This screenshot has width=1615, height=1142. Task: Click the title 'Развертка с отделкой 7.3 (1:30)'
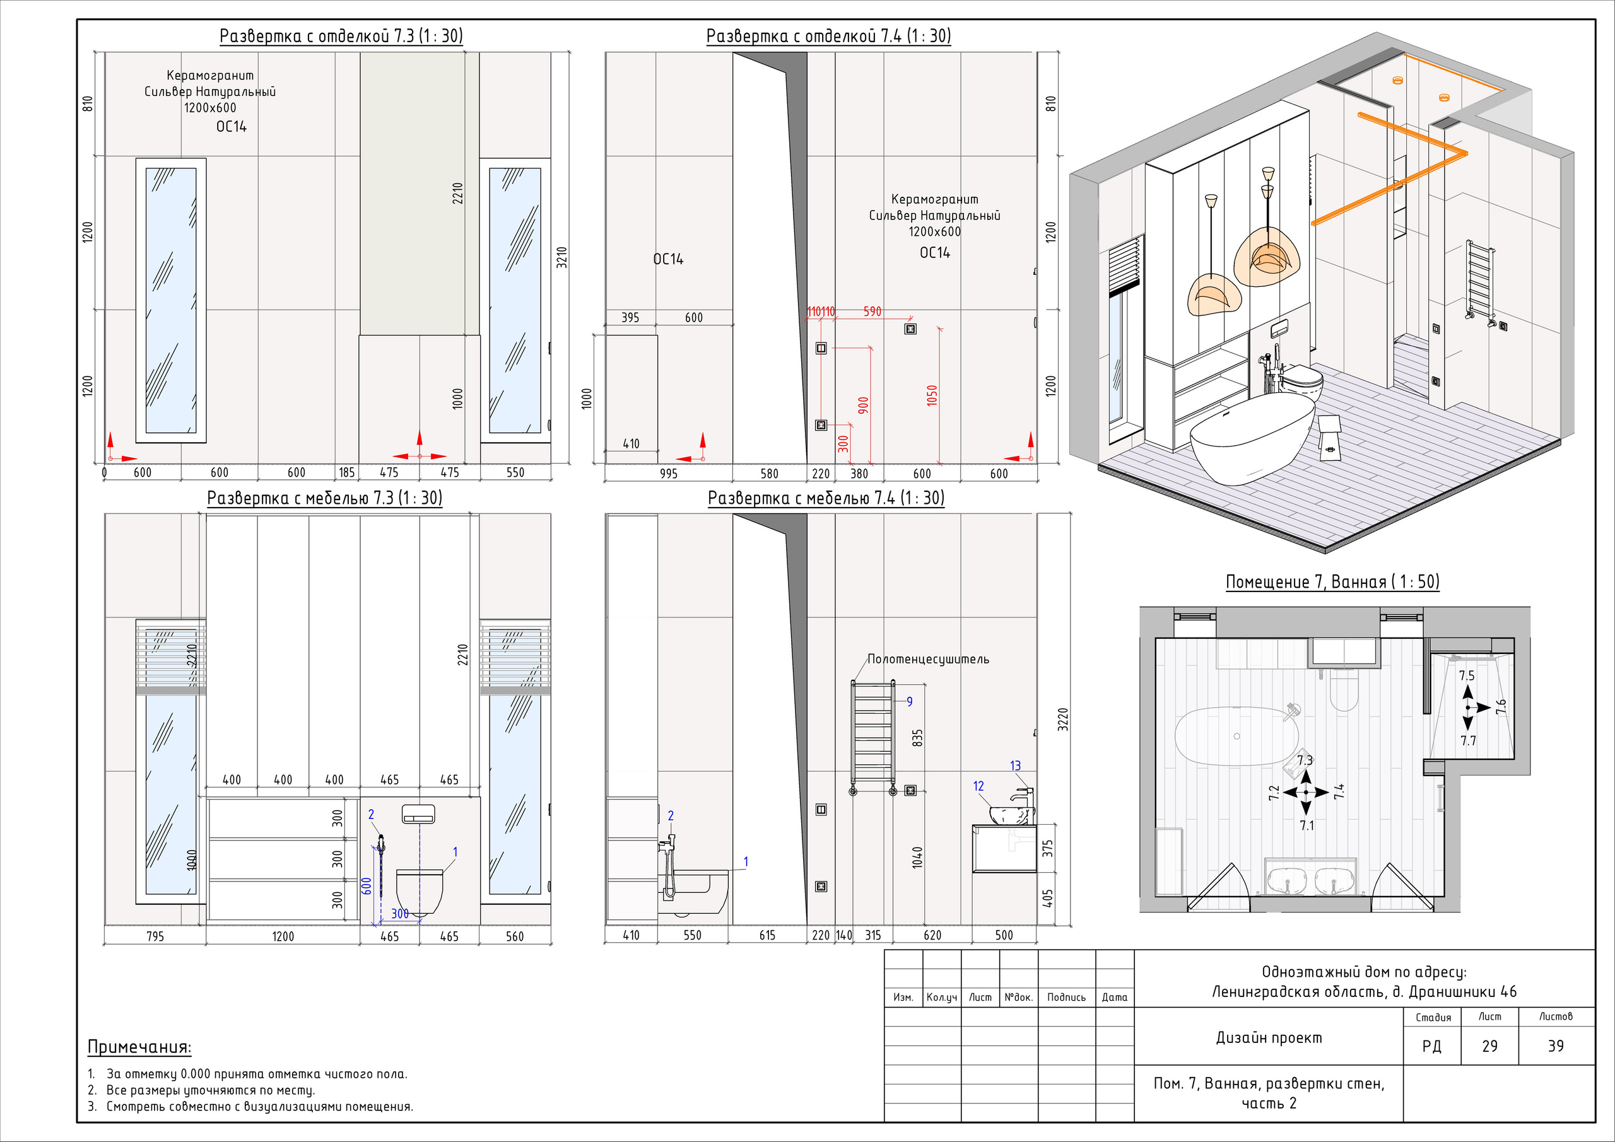pos(341,36)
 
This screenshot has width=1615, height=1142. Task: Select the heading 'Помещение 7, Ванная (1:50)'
pos(1332,581)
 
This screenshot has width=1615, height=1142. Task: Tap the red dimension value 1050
pos(932,396)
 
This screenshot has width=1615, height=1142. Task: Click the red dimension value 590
pos(872,311)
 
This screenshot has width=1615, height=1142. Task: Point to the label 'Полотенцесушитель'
pos(928,659)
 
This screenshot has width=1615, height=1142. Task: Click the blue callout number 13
pos(1015,765)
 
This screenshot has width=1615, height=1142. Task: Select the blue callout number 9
pos(910,701)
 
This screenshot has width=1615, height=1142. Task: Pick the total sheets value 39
pos(1555,1046)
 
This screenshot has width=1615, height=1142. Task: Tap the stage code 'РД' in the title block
pos(1431,1046)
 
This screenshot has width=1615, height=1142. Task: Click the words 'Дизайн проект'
pos(1269,1037)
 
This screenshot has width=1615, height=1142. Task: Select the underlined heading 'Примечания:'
pos(139,1046)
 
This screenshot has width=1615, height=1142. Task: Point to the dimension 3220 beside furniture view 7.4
pos(1063,719)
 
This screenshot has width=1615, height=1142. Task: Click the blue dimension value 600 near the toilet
pos(366,886)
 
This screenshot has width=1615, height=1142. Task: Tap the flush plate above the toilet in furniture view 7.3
pos(418,814)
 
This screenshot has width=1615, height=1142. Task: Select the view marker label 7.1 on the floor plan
pos(1307,825)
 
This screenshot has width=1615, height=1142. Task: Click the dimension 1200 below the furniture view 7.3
pos(283,936)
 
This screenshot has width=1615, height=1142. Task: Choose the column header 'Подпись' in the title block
pos(1066,996)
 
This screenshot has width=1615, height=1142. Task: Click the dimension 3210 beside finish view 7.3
pos(561,257)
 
